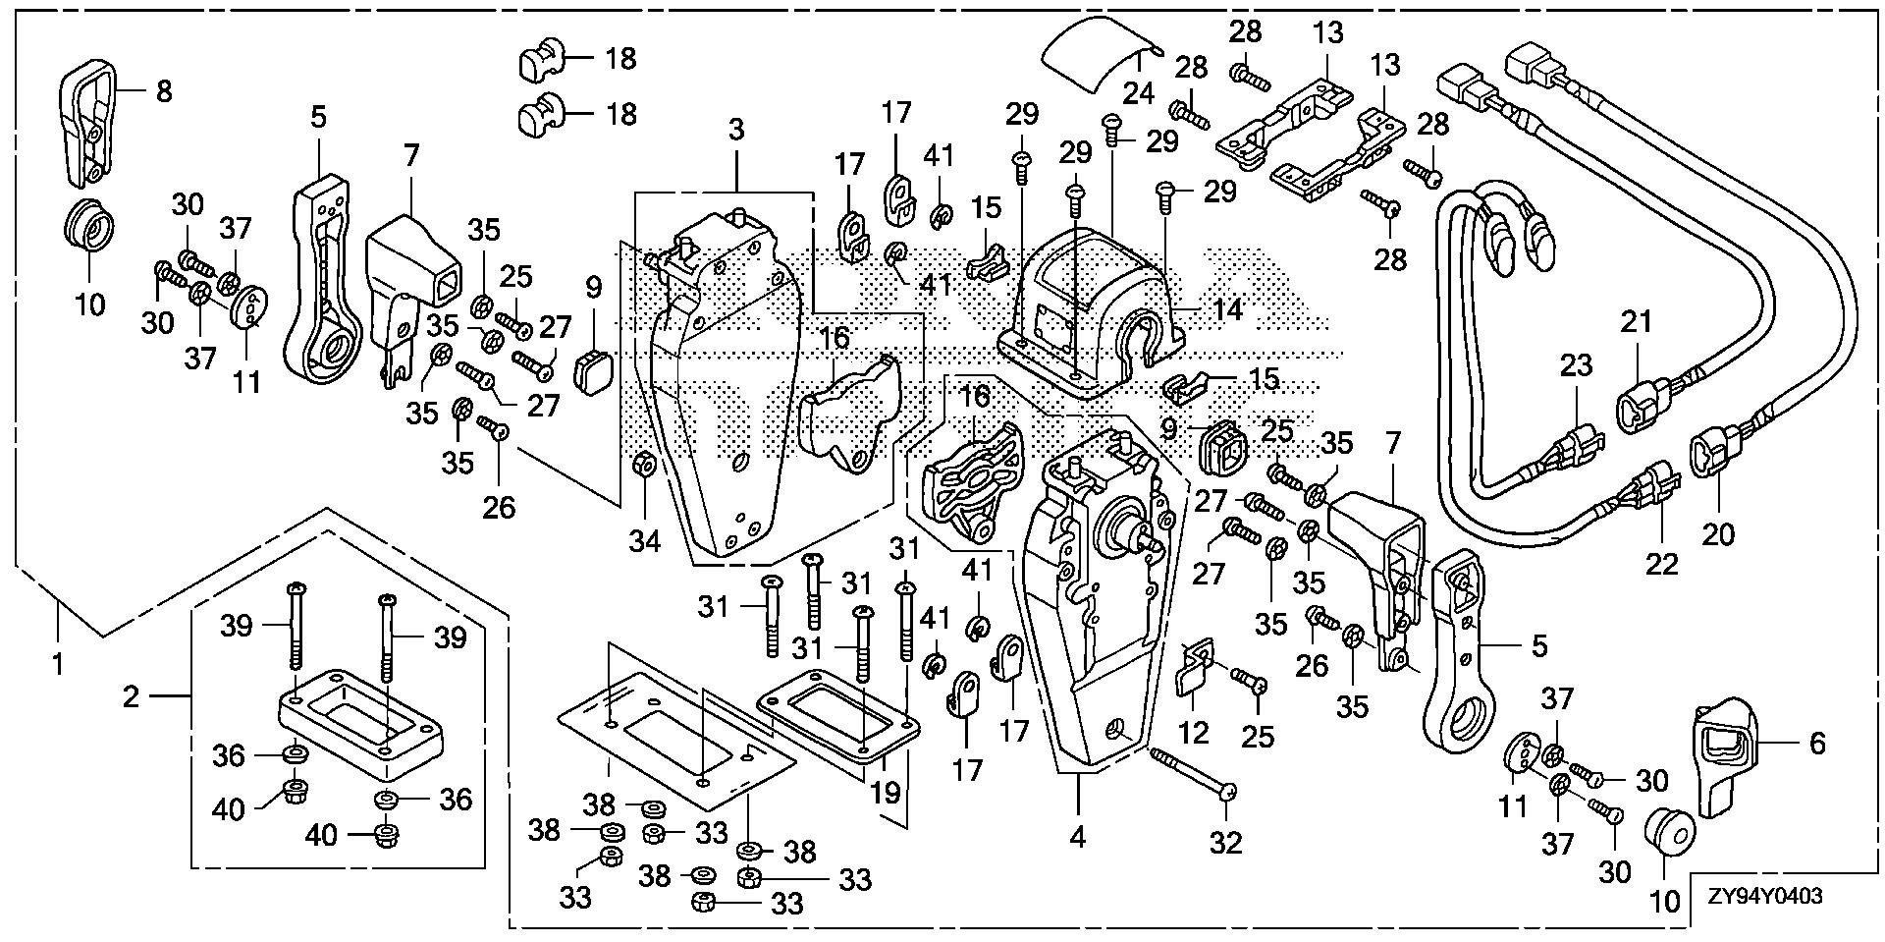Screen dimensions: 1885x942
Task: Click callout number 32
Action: tap(1226, 841)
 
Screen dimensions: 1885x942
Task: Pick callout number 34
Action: tap(644, 541)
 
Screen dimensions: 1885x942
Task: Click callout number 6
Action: tap(1816, 744)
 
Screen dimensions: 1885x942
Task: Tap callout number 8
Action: tap(164, 91)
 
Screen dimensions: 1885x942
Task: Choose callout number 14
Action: tap(1226, 310)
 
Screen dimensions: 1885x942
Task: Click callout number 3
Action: tap(736, 129)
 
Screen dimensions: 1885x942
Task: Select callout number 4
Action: tap(1078, 838)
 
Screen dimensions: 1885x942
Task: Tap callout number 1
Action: tap(58, 664)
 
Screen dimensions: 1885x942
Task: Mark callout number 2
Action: tap(133, 697)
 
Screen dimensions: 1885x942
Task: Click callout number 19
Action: tap(886, 792)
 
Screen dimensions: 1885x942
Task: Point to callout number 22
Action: tap(1662, 564)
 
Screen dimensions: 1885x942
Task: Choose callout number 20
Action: tap(1718, 534)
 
